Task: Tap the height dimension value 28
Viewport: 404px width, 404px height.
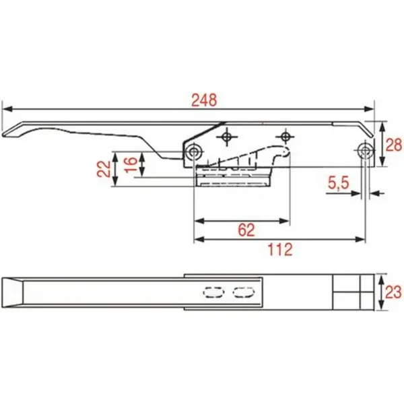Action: click(394, 144)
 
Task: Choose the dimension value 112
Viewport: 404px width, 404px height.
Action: click(279, 250)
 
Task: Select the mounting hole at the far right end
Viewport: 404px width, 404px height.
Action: click(365, 150)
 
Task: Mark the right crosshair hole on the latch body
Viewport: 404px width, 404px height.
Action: click(286, 137)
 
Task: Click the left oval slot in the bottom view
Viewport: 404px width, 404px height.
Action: click(213, 292)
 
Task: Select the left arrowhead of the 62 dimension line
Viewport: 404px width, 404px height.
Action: click(197, 220)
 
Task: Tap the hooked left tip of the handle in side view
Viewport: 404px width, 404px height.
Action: click(9, 135)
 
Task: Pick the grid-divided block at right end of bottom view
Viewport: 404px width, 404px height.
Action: click(353, 291)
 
